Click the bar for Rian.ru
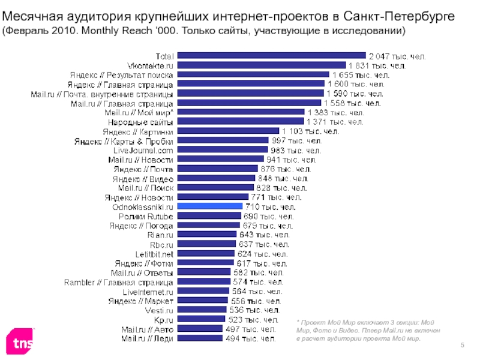207,235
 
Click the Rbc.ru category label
160,244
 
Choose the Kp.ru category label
163,320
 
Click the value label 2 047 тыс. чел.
397,56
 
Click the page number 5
463,344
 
